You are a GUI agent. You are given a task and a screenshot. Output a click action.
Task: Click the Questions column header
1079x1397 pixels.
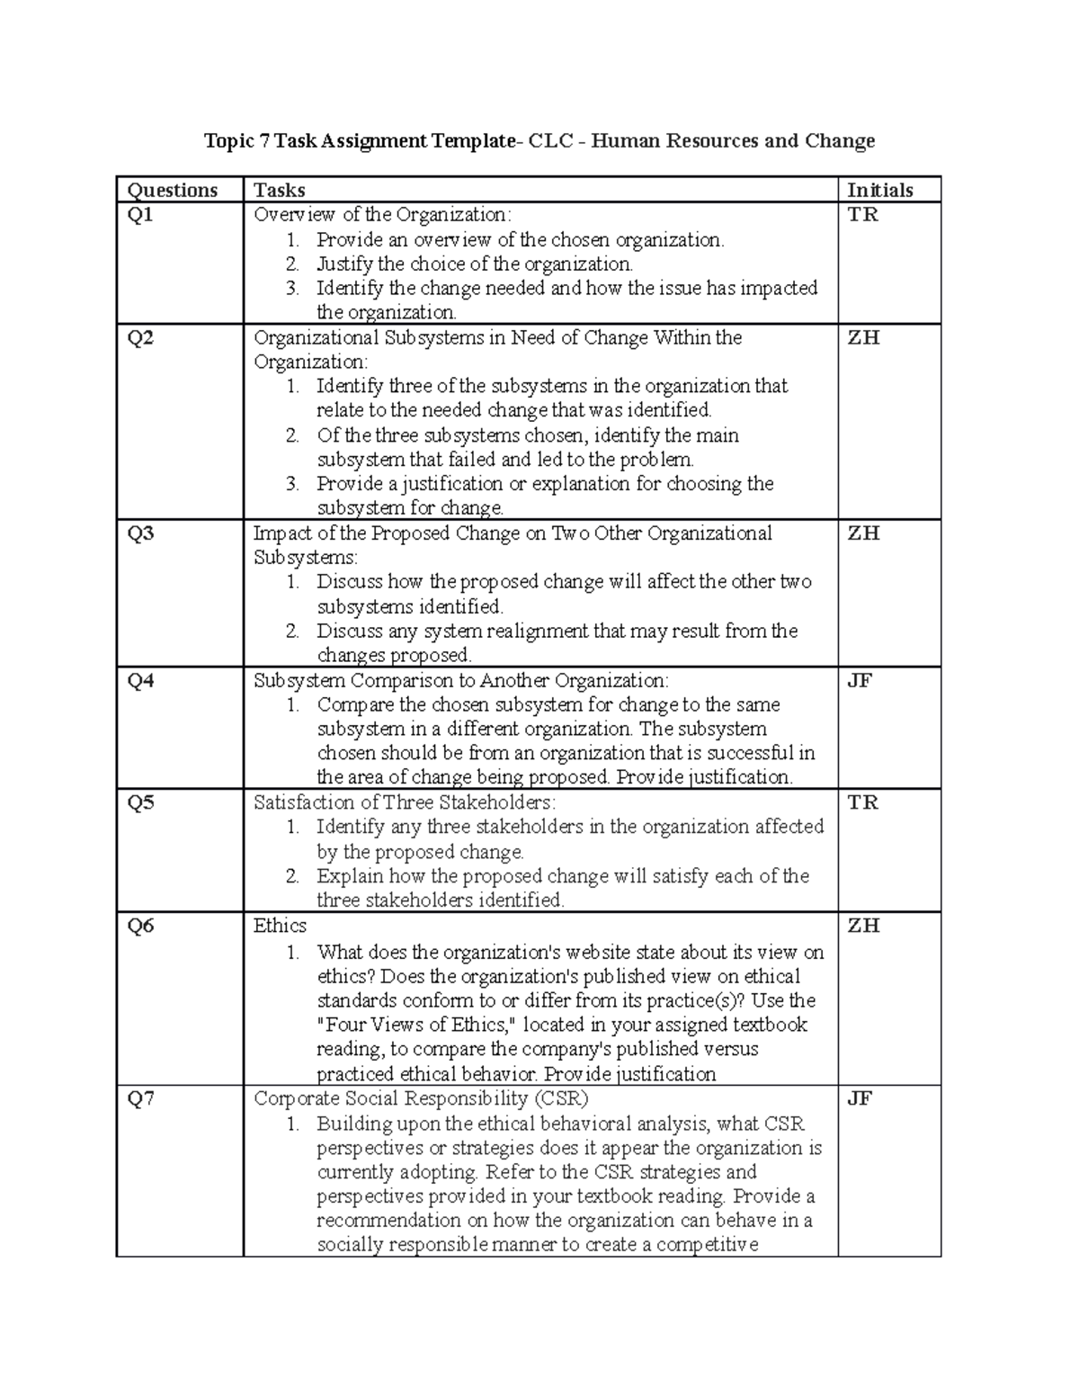click(173, 190)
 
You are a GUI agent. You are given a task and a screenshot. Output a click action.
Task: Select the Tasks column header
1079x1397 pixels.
click(280, 190)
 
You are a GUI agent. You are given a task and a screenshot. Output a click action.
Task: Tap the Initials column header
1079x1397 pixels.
click(880, 190)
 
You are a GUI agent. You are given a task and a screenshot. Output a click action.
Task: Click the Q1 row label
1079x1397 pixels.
click(140, 214)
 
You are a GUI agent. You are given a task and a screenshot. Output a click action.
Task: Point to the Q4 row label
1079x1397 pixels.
click(140, 680)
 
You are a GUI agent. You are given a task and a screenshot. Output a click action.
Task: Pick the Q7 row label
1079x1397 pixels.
click(140, 1098)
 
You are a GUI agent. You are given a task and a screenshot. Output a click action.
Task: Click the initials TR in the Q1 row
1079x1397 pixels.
click(863, 214)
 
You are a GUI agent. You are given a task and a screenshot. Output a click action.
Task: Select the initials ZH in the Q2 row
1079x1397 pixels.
click(863, 337)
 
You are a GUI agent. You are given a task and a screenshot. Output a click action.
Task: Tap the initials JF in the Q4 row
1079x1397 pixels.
click(861, 680)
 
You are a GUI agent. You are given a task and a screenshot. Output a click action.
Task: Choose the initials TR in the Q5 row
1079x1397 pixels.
click(863, 802)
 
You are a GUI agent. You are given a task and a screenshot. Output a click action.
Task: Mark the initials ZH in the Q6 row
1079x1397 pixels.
click(863, 926)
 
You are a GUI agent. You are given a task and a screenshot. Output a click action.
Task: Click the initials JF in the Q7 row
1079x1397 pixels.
click(861, 1098)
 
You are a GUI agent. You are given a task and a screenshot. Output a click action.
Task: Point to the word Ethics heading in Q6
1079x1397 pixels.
click(281, 926)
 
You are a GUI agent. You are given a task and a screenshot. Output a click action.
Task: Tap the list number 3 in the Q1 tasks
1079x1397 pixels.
click(292, 289)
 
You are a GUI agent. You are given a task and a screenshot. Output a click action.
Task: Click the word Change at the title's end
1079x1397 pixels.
click(840, 140)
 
